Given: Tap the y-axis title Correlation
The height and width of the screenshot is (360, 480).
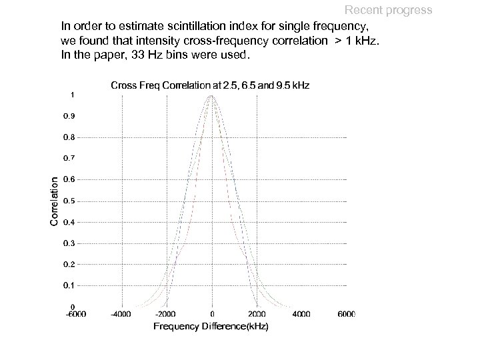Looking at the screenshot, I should point(55,200).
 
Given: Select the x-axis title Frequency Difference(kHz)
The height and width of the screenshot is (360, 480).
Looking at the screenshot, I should point(211,326).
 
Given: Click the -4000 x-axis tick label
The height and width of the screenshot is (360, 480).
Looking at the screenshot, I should point(121,314).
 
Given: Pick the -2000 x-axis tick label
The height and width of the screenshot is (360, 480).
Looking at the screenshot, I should point(166,314).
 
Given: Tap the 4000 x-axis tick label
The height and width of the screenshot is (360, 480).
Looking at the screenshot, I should point(301,314).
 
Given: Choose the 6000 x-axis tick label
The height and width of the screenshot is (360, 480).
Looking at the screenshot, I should point(346,314).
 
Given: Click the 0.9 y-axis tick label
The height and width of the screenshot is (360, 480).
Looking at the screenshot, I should point(69,116).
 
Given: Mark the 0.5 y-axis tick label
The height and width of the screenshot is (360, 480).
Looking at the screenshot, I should point(69,201).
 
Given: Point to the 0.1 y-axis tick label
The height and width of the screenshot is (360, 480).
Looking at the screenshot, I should point(69,285).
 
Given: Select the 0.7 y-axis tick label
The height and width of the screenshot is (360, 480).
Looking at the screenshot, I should point(69,159).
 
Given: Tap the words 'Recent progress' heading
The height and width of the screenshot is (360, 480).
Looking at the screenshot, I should point(388,10).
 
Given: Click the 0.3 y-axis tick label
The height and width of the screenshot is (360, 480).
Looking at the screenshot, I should point(69,243).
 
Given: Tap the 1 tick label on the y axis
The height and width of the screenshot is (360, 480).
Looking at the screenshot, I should point(72,94).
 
